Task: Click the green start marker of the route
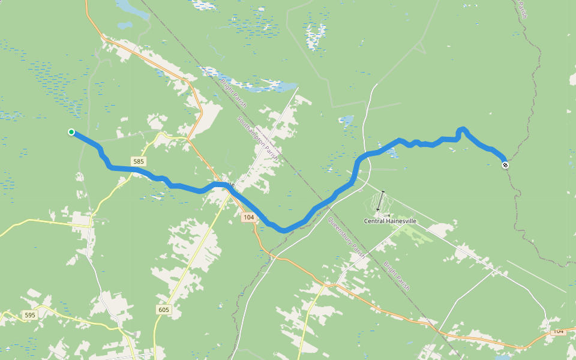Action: [71, 132]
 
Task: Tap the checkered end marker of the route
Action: [505, 164]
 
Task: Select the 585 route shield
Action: [139, 161]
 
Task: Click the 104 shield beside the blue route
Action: [249, 217]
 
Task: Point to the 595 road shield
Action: [29, 315]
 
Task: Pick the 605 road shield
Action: [164, 310]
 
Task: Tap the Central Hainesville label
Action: [390, 221]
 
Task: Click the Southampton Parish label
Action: [257, 137]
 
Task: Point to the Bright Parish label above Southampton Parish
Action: [234, 93]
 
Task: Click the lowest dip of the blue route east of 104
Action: [283, 230]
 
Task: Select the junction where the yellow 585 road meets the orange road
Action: [187, 139]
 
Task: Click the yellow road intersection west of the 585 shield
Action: [91, 220]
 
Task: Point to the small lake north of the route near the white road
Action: [346, 121]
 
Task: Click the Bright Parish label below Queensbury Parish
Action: [396, 275]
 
